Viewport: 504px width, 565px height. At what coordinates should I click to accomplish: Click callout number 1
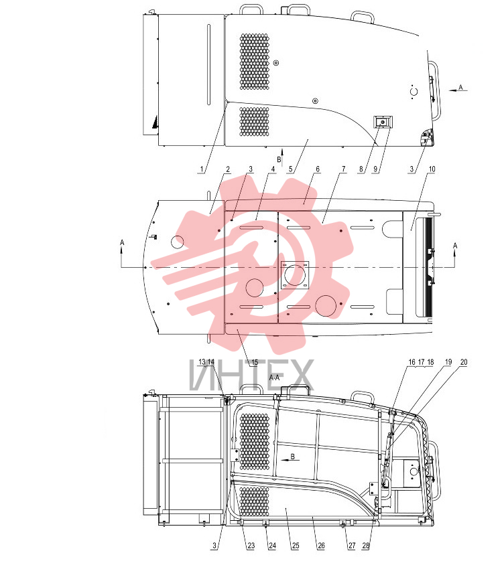click(x=202, y=169)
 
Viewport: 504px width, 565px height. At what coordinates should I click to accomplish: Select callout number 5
click(x=290, y=169)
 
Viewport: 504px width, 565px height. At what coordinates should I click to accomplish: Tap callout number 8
click(x=361, y=169)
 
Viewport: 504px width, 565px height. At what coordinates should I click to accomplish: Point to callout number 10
click(x=432, y=169)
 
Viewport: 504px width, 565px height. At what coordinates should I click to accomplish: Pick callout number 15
click(x=255, y=362)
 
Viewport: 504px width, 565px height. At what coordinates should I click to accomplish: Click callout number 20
click(x=464, y=362)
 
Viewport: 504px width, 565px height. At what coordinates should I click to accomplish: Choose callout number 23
click(x=251, y=546)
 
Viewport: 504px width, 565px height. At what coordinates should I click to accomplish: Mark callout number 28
click(x=366, y=546)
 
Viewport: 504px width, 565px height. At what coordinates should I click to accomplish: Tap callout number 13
click(x=202, y=361)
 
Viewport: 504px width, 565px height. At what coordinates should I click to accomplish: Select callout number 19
click(x=448, y=362)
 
